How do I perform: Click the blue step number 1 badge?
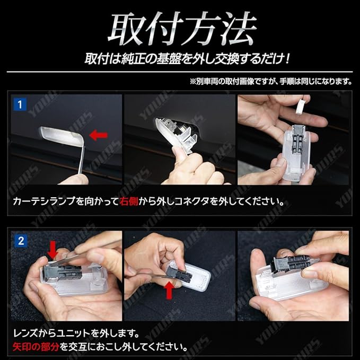(20, 104)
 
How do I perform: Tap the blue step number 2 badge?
(21, 241)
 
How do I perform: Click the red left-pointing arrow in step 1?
(99, 135)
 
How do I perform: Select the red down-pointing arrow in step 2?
(52, 250)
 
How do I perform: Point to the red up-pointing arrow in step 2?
(169, 291)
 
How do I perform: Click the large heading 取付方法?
(182, 28)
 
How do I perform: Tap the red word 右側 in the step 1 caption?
(128, 201)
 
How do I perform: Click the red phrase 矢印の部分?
(36, 346)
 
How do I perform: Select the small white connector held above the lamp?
(302, 107)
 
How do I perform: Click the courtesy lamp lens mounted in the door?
(62, 137)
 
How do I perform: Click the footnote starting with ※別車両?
(271, 81)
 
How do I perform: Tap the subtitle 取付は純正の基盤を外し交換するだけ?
(187, 59)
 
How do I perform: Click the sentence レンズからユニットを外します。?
(76, 333)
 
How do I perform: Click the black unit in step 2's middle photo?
(177, 273)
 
